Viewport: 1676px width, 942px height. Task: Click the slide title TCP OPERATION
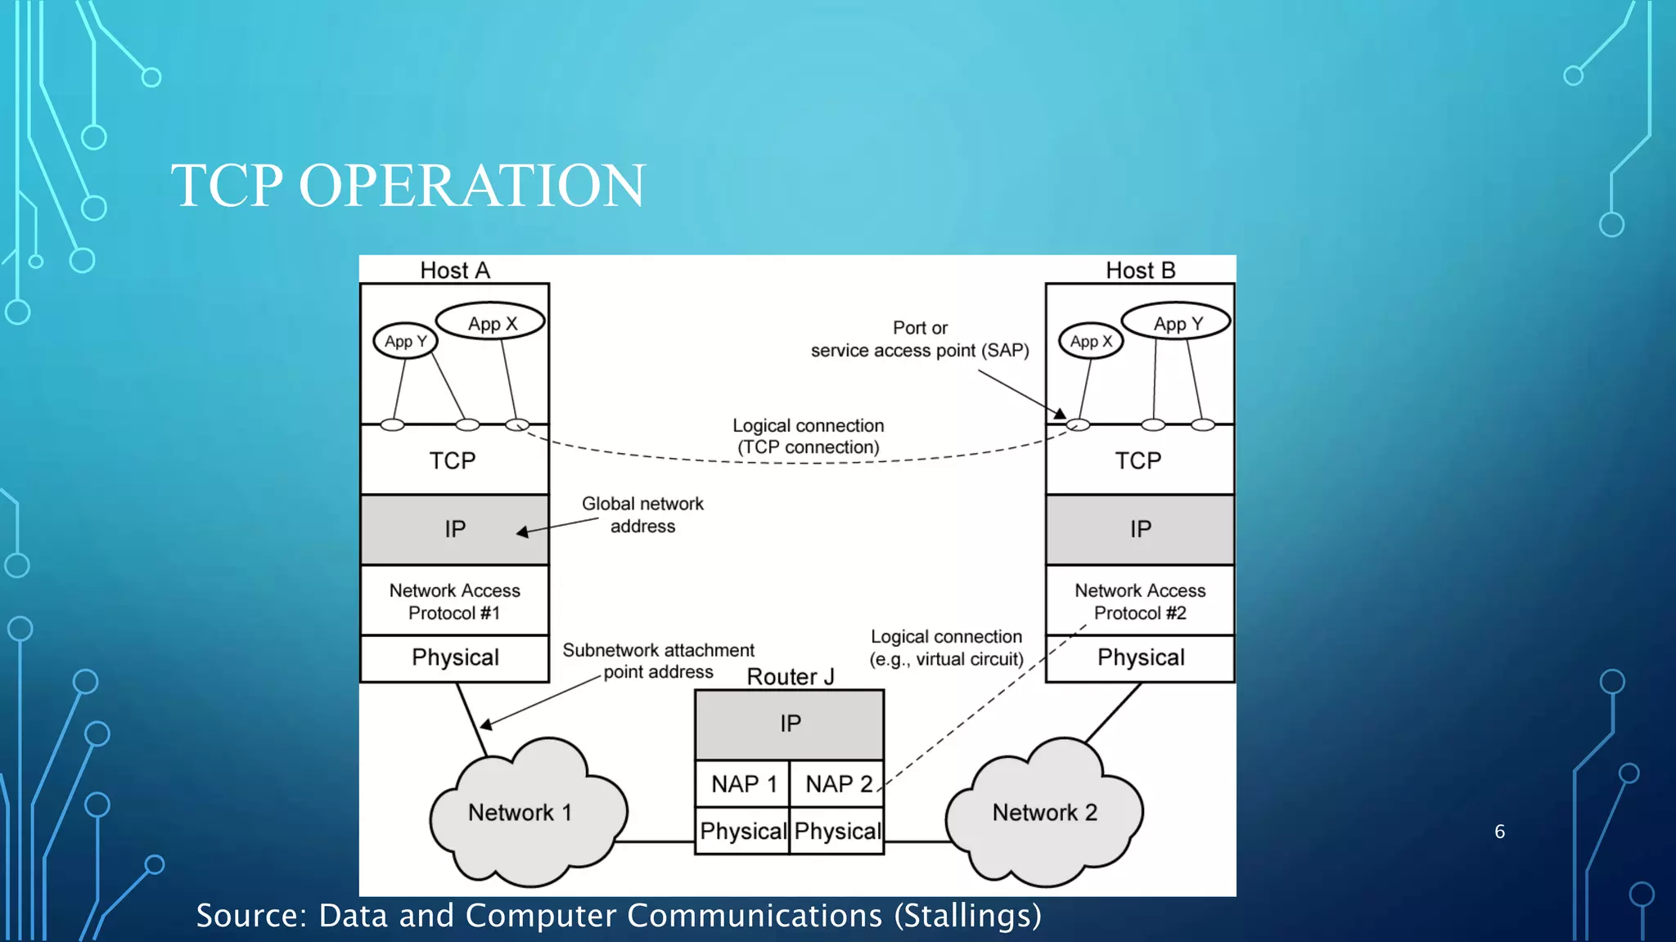click(408, 186)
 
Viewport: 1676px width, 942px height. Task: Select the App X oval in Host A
click(491, 323)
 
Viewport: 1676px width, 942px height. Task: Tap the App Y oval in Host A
click(405, 341)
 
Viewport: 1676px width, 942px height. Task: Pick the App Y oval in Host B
click(1177, 323)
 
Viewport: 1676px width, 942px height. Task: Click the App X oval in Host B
click(1091, 341)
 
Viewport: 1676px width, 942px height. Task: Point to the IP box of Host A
click(455, 529)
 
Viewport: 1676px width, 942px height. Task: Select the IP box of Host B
click(1140, 529)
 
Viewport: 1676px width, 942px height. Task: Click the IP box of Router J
click(790, 724)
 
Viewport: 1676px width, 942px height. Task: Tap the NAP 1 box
click(742, 784)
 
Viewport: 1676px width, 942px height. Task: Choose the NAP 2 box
click(837, 784)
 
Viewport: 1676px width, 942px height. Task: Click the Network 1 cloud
click(520, 812)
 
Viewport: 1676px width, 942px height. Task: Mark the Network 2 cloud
click(1044, 812)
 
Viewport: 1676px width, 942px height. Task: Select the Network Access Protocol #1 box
click(455, 601)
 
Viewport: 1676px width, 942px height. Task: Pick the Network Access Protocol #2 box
click(1140, 601)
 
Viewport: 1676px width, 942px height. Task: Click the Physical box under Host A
click(455, 657)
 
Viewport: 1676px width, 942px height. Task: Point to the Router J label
click(791, 676)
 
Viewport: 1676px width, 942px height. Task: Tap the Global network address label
click(642, 514)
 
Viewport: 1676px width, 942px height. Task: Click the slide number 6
click(1499, 832)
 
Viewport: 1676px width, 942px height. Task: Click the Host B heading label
click(1140, 271)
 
